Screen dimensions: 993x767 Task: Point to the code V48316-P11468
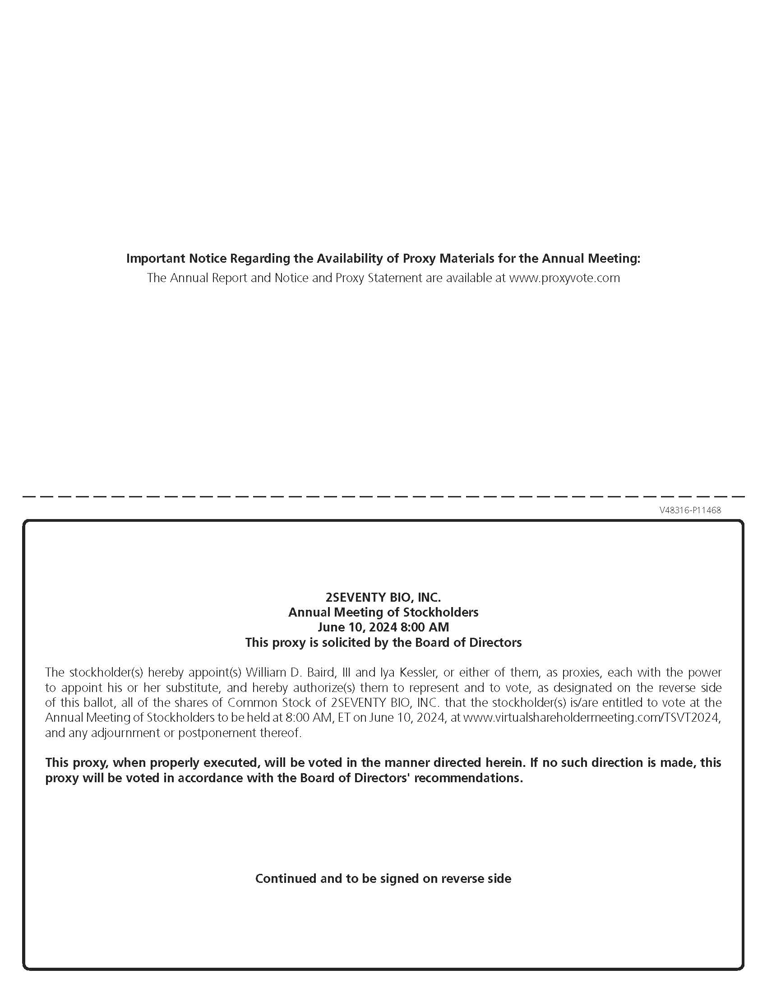[690, 510]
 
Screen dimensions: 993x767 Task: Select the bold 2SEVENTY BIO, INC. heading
[383, 597]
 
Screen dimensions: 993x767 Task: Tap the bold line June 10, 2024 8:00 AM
[383, 627]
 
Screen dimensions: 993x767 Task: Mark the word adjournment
[120, 733]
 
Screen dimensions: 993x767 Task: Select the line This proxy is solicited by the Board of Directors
[383, 642]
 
